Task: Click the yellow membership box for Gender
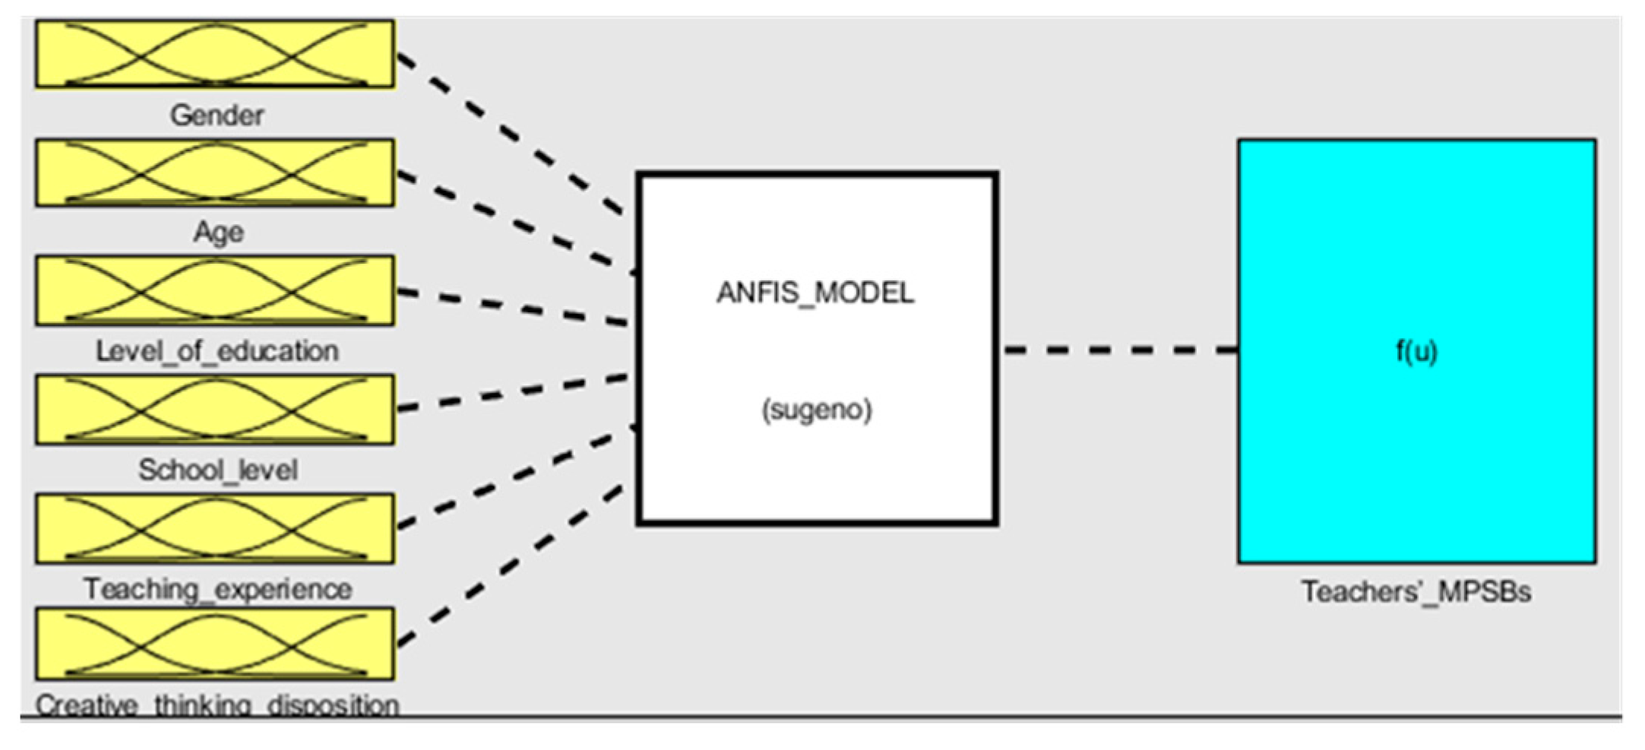tap(215, 54)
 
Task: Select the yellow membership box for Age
tap(215, 172)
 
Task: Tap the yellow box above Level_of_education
tap(215, 291)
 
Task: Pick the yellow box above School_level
tap(215, 410)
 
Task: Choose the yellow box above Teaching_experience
tap(215, 529)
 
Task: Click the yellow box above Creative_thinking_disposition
tap(215, 644)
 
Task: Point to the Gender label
tap(217, 116)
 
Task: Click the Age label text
tap(219, 232)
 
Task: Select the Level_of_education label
tap(217, 351)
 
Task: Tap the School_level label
tap(217, 470)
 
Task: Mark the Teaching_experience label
tap(217, 589)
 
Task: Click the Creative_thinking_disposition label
tap(217, 705)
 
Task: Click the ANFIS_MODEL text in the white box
tap(815, 293)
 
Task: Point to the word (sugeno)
tap(817, 410)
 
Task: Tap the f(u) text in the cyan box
tap(1417, 351)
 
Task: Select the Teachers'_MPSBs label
tap(1416, 591)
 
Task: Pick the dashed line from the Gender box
tap(509, 134)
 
